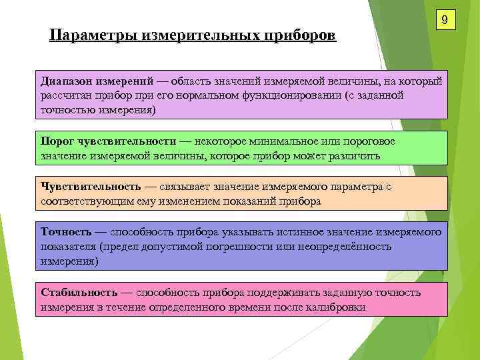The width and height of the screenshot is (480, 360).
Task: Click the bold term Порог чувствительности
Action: (108, 141)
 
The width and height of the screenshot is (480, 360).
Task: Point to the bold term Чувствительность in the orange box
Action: (91, 187)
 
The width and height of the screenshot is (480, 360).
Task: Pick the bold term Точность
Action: (66, 232)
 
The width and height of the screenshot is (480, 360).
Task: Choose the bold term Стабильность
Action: (79, 292)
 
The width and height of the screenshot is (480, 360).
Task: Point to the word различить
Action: (354, 156)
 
